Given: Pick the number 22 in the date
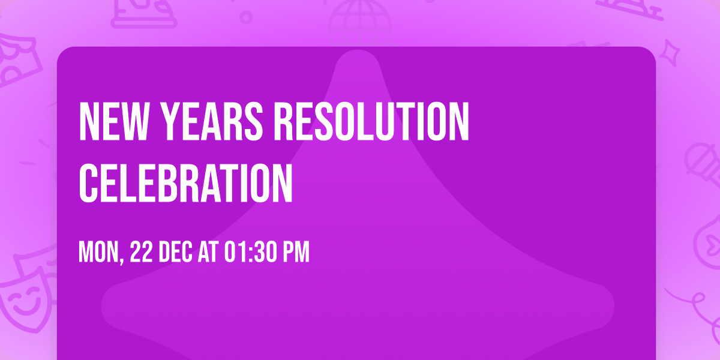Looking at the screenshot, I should [140, 251].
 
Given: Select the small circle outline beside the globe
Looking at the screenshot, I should [246, 17].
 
